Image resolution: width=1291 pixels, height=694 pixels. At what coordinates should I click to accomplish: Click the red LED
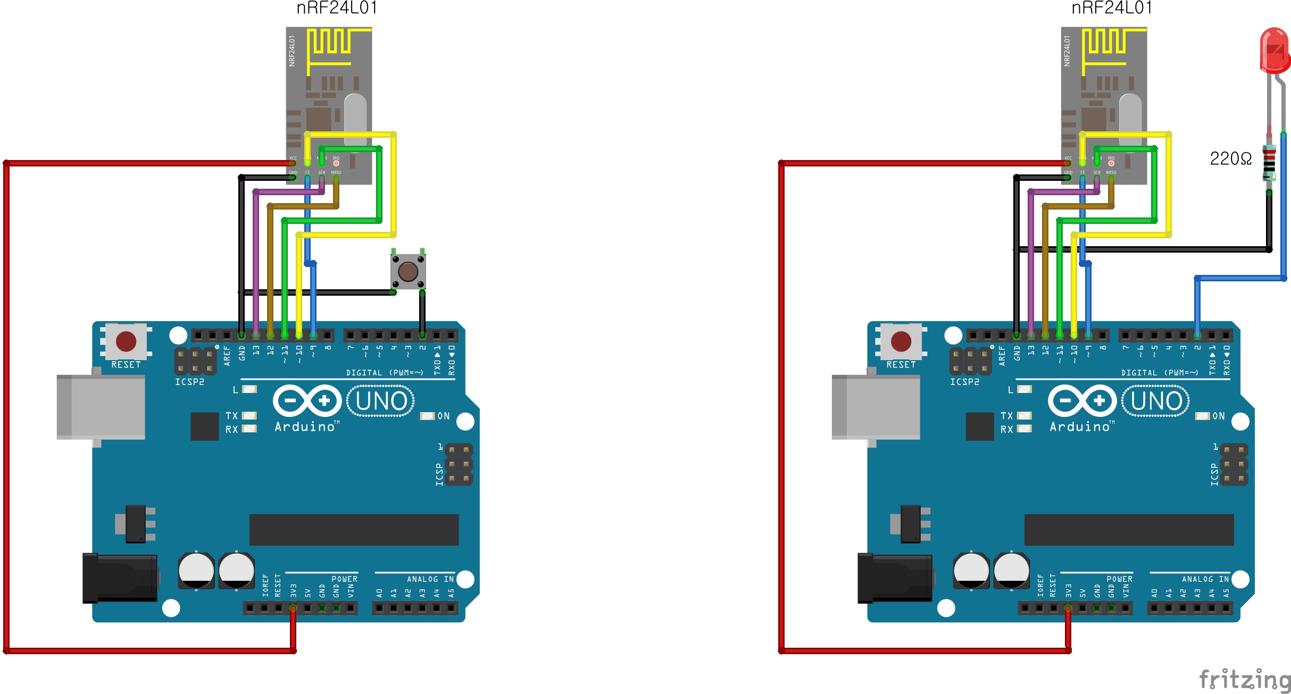pyautogui.click(x=1275, y=51)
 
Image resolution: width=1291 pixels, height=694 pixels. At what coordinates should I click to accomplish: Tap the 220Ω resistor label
pyautogui.click(x=1230, y=158)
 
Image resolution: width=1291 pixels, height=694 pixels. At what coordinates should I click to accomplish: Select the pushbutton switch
pyautogui.click(x=408, y=272)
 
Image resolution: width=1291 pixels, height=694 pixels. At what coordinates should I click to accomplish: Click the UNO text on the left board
pyautogui.click(x=381, y=401)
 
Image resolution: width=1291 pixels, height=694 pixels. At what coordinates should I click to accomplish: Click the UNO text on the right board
pyautogui.click(x=1156, y=401)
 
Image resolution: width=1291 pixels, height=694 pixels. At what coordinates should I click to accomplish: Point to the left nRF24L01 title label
pyautogui.click(x=337, y=8)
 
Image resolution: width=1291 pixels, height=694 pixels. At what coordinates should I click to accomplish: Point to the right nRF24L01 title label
pyautogui.click(x=1112, y=8)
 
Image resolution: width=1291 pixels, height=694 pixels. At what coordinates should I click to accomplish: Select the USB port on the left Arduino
pyautogui.click(x=101, y=407)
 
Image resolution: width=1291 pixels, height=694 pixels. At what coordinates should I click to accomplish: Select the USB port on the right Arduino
pyautogui.click(x=876, y=407)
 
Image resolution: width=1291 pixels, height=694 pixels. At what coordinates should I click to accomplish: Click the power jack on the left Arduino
pyautogui.click(x=120, y=578)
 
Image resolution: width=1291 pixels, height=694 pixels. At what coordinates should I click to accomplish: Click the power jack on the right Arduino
pyautogui.click(x=895, y=578)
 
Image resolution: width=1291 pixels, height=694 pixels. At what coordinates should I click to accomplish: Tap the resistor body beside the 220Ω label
pyautogui.click(x=1269, y=163)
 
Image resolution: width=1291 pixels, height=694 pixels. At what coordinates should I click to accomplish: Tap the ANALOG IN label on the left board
pyautogui.click(x=430, y=579)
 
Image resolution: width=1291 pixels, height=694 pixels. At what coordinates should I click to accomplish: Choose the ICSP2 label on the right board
pyautogui.click(x=964, y=382)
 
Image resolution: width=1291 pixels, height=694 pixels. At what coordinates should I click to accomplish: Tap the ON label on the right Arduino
pyautogui.click(x=1219, y=416)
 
